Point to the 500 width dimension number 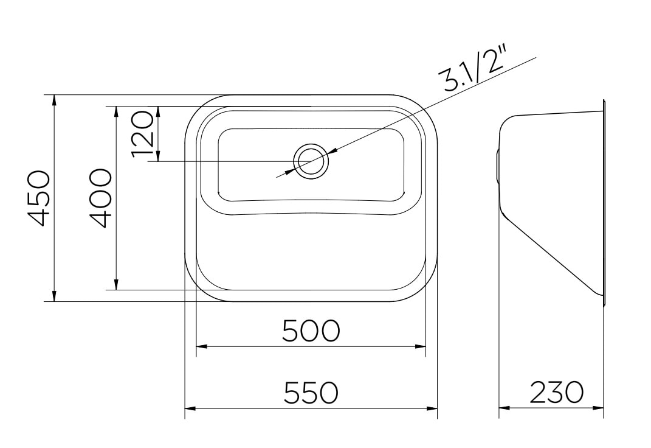pos(311,331)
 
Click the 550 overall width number pos(311,393)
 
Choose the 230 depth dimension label pos(556,393)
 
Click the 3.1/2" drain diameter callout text pos(475,70)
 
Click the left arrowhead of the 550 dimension pos(189,408)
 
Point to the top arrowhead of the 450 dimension pos(55,99)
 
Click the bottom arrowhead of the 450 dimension pos(55,296)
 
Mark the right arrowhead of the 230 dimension pos(599,408)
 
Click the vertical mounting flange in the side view pos(604,201)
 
